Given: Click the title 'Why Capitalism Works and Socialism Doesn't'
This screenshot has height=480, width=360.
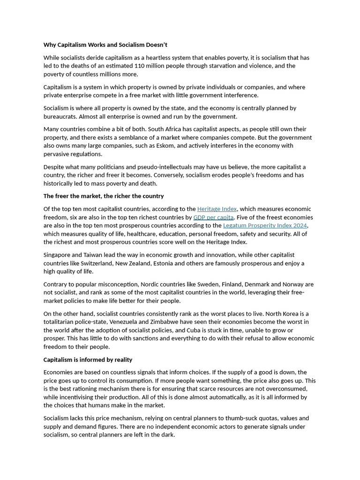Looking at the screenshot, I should coord(105,45).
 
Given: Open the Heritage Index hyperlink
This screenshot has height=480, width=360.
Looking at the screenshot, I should coord(217,209).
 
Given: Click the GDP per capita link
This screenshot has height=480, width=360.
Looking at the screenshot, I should coord(213,217).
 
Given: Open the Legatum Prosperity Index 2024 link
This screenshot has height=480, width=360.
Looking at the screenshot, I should coord(265,226).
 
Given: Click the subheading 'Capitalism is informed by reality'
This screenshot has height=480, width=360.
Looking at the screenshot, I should coord(88,360).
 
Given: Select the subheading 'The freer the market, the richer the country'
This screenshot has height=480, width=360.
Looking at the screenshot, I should coord(104,196).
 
